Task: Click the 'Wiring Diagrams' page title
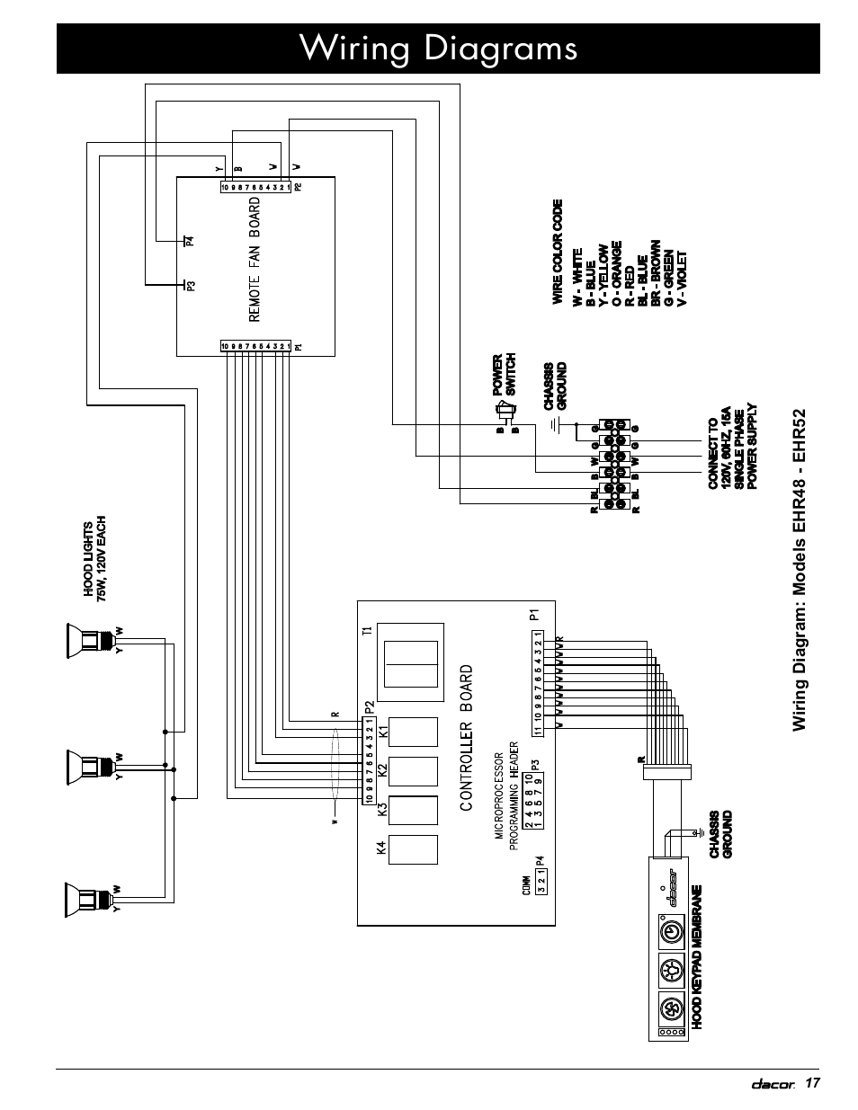click(439, 48)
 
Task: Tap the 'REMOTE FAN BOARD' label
click(255, 260)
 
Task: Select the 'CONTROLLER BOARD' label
click(466, 738)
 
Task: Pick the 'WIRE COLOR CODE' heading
click(558, 252)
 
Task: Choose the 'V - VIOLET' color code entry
click(683, 278)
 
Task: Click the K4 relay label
click(382, 848)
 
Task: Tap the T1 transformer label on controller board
click(367, 631)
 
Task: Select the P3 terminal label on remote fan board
click(191, 286)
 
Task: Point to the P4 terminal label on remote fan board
click(190, 240)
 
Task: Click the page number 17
click(813, 1082)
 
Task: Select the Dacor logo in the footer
click(773, 1084)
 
